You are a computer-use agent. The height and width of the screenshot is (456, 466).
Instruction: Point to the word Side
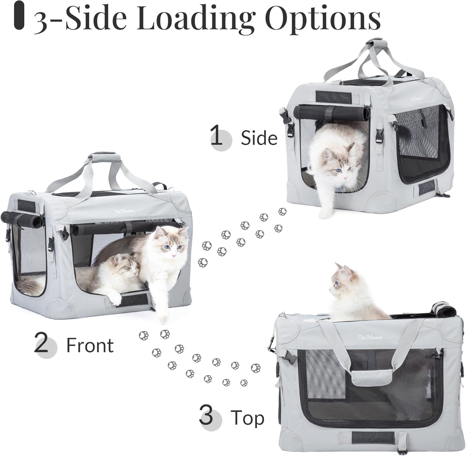[259, 138]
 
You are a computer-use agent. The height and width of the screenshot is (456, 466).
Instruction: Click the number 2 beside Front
[41, 344]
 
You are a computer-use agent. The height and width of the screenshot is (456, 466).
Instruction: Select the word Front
[90, 345]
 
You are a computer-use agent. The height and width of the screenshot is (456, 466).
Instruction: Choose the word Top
[247, 417]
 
